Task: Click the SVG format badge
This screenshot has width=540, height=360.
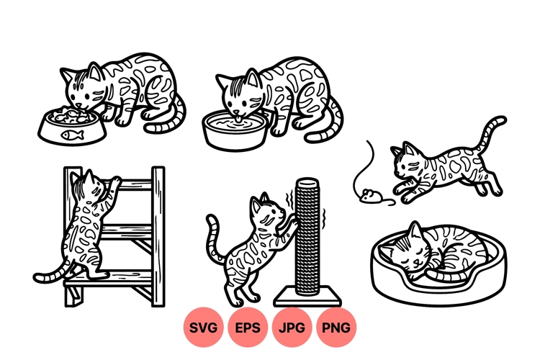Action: tap(203, 328)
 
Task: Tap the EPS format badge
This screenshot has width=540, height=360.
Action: tap(248, 328)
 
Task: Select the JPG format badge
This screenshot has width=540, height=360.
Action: tap(292, 328)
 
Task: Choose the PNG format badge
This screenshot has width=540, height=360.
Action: tap(336, 328)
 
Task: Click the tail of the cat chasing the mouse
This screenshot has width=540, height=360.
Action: tap(492, 133)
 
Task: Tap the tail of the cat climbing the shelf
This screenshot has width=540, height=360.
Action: tap(52, 275)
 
